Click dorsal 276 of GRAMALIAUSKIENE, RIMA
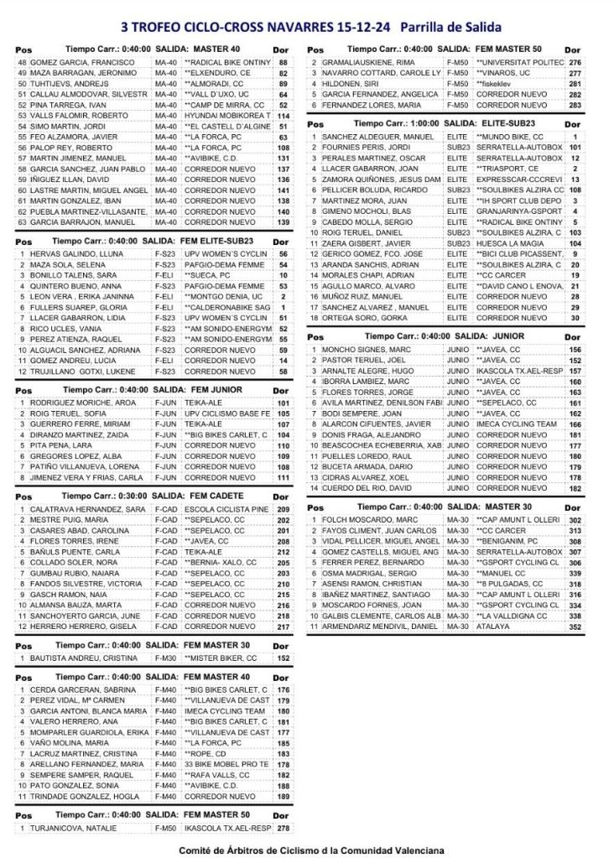[575, 63]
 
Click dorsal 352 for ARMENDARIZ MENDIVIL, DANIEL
[575, 627]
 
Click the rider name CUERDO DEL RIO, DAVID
[366, 487]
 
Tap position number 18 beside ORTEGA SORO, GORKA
[314, 318]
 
